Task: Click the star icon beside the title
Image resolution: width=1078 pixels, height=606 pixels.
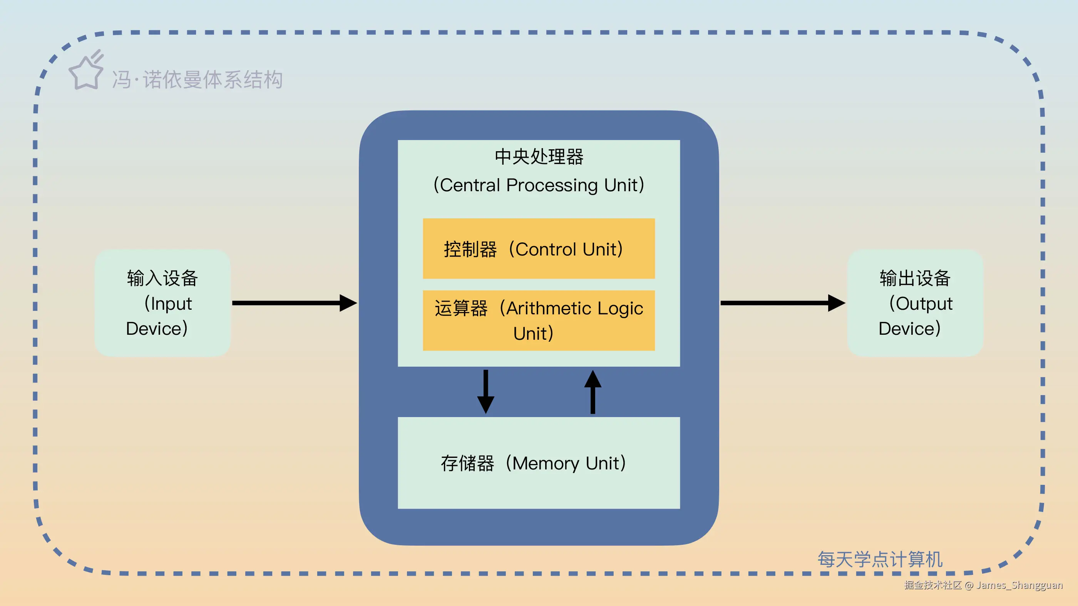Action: tap(86, 72)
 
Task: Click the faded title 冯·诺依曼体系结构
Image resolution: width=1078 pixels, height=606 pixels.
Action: tap(198, 80)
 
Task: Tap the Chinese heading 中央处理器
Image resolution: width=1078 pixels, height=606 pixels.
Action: tap(539, 157)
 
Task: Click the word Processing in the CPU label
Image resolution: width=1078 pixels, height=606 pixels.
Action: tap(552, 185)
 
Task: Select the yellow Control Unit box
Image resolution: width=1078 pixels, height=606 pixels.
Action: tap(539, 249)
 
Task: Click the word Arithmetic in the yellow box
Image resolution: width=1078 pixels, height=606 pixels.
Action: tap(549, 309)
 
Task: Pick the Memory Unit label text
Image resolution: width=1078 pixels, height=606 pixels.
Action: tap(534, 463)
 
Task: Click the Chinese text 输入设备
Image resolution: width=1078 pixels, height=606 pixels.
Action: tap(162, 278)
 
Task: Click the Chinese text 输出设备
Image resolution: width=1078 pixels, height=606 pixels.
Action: tap(915, 278)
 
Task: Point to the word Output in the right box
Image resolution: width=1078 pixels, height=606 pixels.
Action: tap(924, 304)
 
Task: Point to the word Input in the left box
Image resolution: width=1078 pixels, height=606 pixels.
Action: tap(171, 304)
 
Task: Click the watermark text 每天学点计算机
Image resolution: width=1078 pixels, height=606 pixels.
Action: tap(880, 559)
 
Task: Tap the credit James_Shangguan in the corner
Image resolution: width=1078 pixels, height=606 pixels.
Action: tap(1019, 585)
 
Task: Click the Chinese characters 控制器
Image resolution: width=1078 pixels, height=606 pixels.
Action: tap(470, 250)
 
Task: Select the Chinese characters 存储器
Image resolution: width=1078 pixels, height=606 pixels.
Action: tap(467, 463)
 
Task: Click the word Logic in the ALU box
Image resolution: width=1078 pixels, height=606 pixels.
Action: tap(620, 309)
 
